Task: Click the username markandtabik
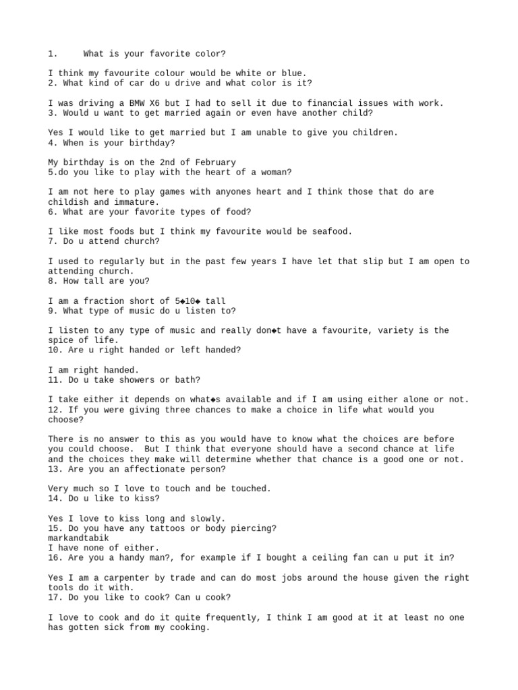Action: [78, 538]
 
